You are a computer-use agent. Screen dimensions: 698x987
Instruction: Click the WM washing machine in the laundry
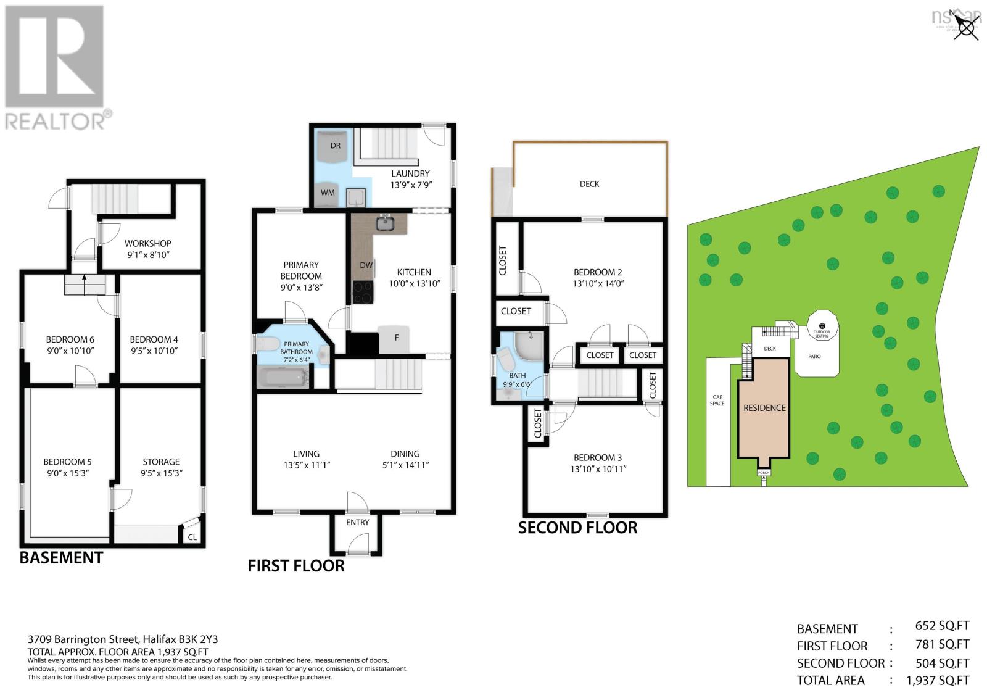(x=328, y=192)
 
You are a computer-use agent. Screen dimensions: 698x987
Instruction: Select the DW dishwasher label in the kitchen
(x=366, y=265)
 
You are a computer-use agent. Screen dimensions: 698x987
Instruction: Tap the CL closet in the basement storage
(x=192, y=537)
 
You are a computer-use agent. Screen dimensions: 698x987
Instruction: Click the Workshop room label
(x=148, y=243)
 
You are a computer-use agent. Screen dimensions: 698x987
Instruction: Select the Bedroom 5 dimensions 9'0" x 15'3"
(x=67, y=473)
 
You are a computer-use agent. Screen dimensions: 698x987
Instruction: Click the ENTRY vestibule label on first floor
(x=357, y=522)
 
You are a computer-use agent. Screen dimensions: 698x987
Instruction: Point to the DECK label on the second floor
(x=589, y=184)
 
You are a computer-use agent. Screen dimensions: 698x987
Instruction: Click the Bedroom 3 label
(x=597, y=457)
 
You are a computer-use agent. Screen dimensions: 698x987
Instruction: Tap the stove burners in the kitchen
(x=363, y=292)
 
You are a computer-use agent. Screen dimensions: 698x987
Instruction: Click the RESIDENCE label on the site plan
(x=764, y=408)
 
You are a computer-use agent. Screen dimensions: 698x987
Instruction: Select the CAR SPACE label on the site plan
(x=717, y=400)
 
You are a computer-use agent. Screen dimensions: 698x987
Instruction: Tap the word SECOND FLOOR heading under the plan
(x=577, y=528)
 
